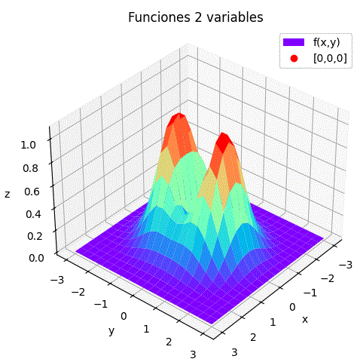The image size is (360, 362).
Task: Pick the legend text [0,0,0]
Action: [330, 58]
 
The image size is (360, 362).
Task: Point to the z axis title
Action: [7, 195]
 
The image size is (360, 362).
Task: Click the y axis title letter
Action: [111, 330]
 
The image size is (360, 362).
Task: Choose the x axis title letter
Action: [305, 319]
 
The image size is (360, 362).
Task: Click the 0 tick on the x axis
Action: [292, 307]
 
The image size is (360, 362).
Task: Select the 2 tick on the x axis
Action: [253, 336]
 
